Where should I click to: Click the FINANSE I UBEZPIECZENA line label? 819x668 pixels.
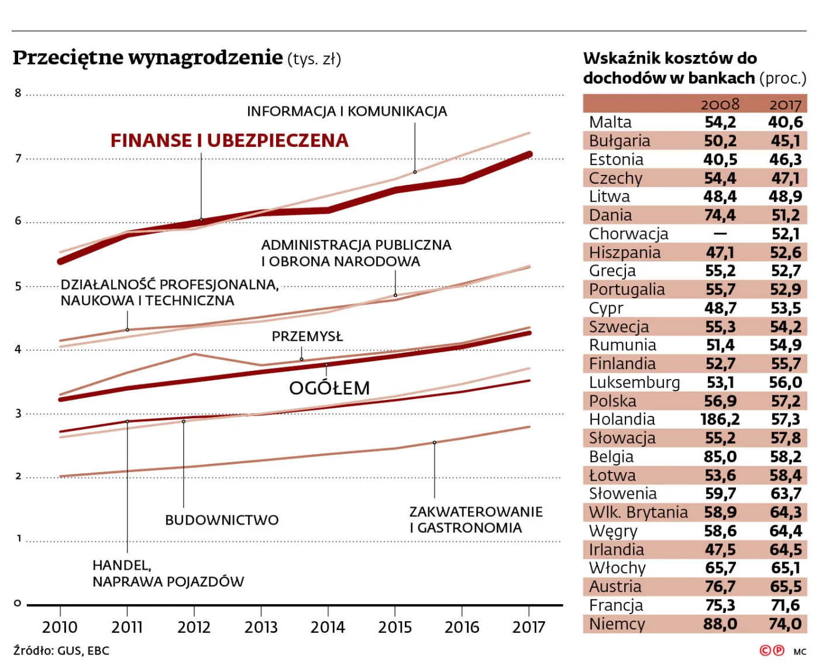(229, 140)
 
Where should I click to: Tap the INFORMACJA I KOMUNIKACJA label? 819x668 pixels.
(346, 111)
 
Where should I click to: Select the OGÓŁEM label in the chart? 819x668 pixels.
(329, 388)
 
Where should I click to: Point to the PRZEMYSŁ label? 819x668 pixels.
(307, 336)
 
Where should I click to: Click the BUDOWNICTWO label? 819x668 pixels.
(222, 520)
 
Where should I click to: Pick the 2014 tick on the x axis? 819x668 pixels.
(328, 627)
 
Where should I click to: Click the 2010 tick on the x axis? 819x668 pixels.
(60, 627)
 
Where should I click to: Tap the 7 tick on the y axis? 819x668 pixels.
(18, 159)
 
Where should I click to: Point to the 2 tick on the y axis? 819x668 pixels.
(18, 476)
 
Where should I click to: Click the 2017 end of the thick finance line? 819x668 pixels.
(529, 154)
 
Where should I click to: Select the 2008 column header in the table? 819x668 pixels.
(720, 104)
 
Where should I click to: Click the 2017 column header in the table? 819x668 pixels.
(785, 104)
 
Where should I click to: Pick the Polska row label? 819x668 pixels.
(612, 401)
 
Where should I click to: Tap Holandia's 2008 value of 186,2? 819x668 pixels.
(720, 419)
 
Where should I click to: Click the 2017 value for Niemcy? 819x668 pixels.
(785, 624)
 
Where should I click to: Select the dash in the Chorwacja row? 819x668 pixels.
(720, 234)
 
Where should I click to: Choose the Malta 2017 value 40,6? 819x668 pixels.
(785, 122)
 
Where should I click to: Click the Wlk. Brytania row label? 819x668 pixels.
(638, 512)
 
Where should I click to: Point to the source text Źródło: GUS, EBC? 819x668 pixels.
(61, 650)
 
